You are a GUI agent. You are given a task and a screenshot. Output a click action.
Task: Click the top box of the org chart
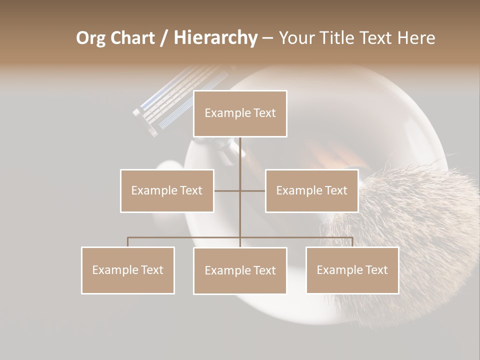pyautogui.click(x=240, y=113)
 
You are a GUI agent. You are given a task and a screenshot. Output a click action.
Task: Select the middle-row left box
pyautogui.click(x=167, y=190)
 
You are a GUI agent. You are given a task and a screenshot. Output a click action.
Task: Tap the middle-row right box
pyautogui.click(x=311, y=190)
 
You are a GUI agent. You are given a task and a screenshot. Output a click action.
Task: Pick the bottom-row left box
pyautogui.click(x=128, y=270)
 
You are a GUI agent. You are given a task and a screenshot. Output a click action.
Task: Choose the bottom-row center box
pyautogui.click(x=240, y=270)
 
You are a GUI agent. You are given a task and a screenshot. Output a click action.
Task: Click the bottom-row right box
pyautogui.click(x=352, y=270)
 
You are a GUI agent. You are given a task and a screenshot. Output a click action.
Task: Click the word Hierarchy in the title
pyautogui.click(x=215, y=38)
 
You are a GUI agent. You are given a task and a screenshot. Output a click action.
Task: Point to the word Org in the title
pyautogui.click(x=90, y=38)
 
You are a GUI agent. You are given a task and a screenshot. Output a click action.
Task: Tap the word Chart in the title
pyautogui.click(x=131, y=38)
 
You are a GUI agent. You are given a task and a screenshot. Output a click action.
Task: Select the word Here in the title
pyautogui.click(x=416, y=38)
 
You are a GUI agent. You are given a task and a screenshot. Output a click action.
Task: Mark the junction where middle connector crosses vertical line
pyautogui.click(x=240, y=190)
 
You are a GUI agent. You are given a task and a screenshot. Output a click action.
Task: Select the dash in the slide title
pyautogui.click(x=267, y=38)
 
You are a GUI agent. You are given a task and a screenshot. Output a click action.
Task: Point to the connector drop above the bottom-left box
pyautogui.click(x=128, y=242)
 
